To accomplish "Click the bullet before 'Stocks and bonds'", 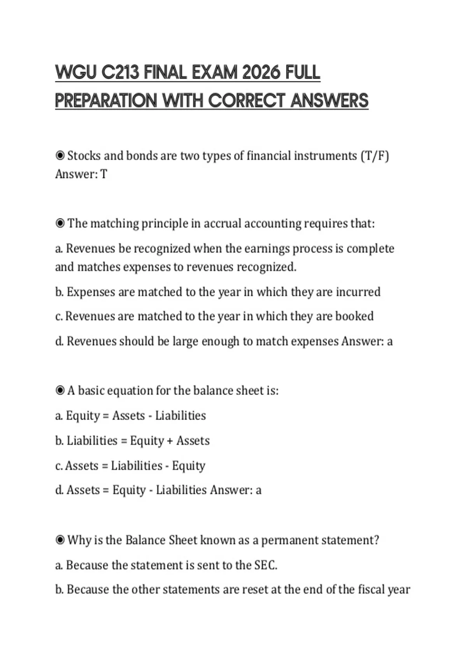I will [x=60, y=156].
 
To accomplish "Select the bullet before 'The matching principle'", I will [x=60, y=224].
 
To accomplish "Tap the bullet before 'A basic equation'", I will [x=60, y=390].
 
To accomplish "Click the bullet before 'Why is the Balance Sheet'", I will [x=60, y=540].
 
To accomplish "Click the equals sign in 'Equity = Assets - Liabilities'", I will [x=106, y=416].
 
